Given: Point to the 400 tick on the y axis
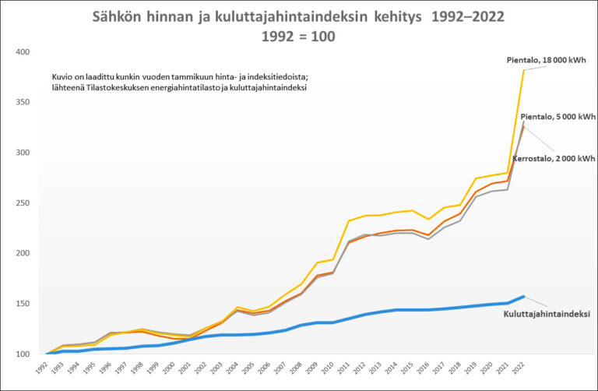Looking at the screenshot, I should click(23, 52).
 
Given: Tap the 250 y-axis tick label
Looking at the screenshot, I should click(23, 203).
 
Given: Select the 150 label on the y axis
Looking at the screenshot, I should click(23, 304).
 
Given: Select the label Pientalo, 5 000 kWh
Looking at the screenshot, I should click(558, 117).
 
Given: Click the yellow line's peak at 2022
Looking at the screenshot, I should click(523, 70).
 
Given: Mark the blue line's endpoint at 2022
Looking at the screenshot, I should click(523, 297).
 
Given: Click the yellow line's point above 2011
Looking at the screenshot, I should click(349, 220).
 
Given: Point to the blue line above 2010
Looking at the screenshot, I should click(333, 322).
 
